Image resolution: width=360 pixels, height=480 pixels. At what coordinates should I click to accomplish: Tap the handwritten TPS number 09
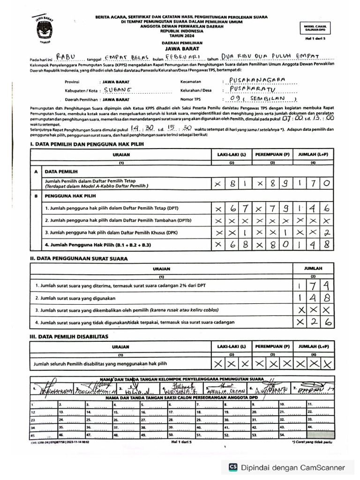[241, 99]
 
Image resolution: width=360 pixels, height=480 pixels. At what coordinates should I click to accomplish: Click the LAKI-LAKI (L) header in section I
[231, 154]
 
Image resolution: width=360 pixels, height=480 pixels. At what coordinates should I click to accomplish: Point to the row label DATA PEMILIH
[61, 172]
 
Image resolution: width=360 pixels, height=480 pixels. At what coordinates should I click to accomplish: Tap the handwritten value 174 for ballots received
[313, 285]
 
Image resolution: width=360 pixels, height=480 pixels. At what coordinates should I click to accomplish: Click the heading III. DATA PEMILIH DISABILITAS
[69, 337]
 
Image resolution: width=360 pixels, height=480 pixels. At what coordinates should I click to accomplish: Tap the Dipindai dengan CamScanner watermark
[286, 467]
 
